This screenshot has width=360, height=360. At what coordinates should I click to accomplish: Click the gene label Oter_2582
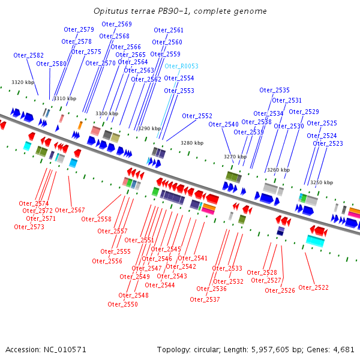(x=28, y=55)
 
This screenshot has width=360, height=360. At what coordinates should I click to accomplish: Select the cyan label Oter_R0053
(x=181, y=66)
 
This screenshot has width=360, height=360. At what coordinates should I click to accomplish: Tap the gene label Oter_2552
(x=197, y=116)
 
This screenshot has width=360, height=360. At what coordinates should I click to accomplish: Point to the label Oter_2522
(x=313, y=287)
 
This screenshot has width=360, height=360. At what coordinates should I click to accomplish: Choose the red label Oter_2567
(x=70, y=210)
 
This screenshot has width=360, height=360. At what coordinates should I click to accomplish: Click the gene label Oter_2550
(x=122, y=304)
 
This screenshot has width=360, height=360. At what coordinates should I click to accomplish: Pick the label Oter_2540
(x=223, y=124)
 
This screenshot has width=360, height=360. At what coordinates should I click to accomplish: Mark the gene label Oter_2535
(x=274, y=90)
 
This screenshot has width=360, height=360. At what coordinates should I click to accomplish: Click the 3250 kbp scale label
(x=321, y=182)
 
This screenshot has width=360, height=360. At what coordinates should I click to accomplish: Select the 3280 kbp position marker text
(x=192, y=143)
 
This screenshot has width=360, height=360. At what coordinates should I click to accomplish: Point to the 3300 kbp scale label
(x=107, y=113)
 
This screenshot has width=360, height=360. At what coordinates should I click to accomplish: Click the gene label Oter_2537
(x=205, y=299)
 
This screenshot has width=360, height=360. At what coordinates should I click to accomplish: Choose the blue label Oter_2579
(x=79, y=29)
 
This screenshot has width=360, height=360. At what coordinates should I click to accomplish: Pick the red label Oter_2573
(x=29, y=227)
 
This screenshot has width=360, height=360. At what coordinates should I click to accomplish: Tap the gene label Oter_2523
(x=328, y=143)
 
